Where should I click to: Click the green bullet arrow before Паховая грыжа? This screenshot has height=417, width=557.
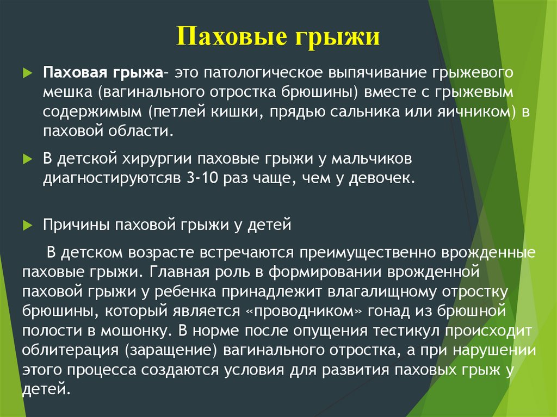pyautogui.click(x=28, y=73)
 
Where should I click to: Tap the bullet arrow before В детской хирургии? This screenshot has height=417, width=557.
pyautogui.click(x=28, y=159)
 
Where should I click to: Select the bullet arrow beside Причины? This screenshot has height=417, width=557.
pyautogui.click(x=28, y=225)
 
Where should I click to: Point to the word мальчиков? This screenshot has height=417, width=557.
pyautogui.click(x=372, y=159)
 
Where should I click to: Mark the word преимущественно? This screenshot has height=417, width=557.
pyautogui.click(x=368, y=253)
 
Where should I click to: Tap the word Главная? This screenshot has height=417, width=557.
pyautogui.click(x=180, y=272)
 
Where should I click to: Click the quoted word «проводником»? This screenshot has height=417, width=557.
pyautogui.click(x=304, y=311)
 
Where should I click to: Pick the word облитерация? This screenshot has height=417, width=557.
pyautogui.click(x=70, y=350)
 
